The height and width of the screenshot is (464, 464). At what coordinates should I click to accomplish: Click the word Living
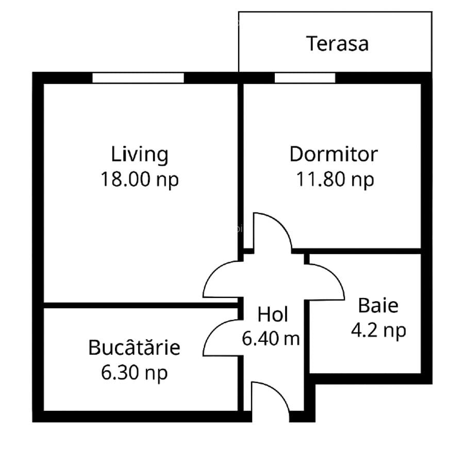coord(140,154)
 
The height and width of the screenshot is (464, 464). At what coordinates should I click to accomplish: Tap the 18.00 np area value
coord(140,179)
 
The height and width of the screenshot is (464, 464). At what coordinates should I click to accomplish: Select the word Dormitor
coord(334,154)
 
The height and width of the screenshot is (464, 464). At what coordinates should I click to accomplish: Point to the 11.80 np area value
coord(335,179)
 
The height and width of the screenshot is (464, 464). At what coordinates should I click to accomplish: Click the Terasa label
coord(338,43)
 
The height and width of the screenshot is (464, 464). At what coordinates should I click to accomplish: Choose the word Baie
coord(378,305)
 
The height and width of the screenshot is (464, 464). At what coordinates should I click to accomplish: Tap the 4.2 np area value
coord(378,330)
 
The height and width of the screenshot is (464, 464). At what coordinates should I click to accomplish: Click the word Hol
coord(273,314)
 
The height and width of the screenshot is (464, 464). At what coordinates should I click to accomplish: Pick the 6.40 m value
coord(271,339)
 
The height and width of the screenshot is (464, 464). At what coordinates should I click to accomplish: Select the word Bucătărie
coord(135,347)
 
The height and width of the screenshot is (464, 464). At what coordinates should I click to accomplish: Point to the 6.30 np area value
coord(135,372)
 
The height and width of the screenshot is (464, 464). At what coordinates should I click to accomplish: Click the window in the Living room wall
coord(138,77)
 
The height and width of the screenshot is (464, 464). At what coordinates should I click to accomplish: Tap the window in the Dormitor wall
coord(305,77)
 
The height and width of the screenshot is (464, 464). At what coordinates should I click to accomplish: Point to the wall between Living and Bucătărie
coord(139,305)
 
